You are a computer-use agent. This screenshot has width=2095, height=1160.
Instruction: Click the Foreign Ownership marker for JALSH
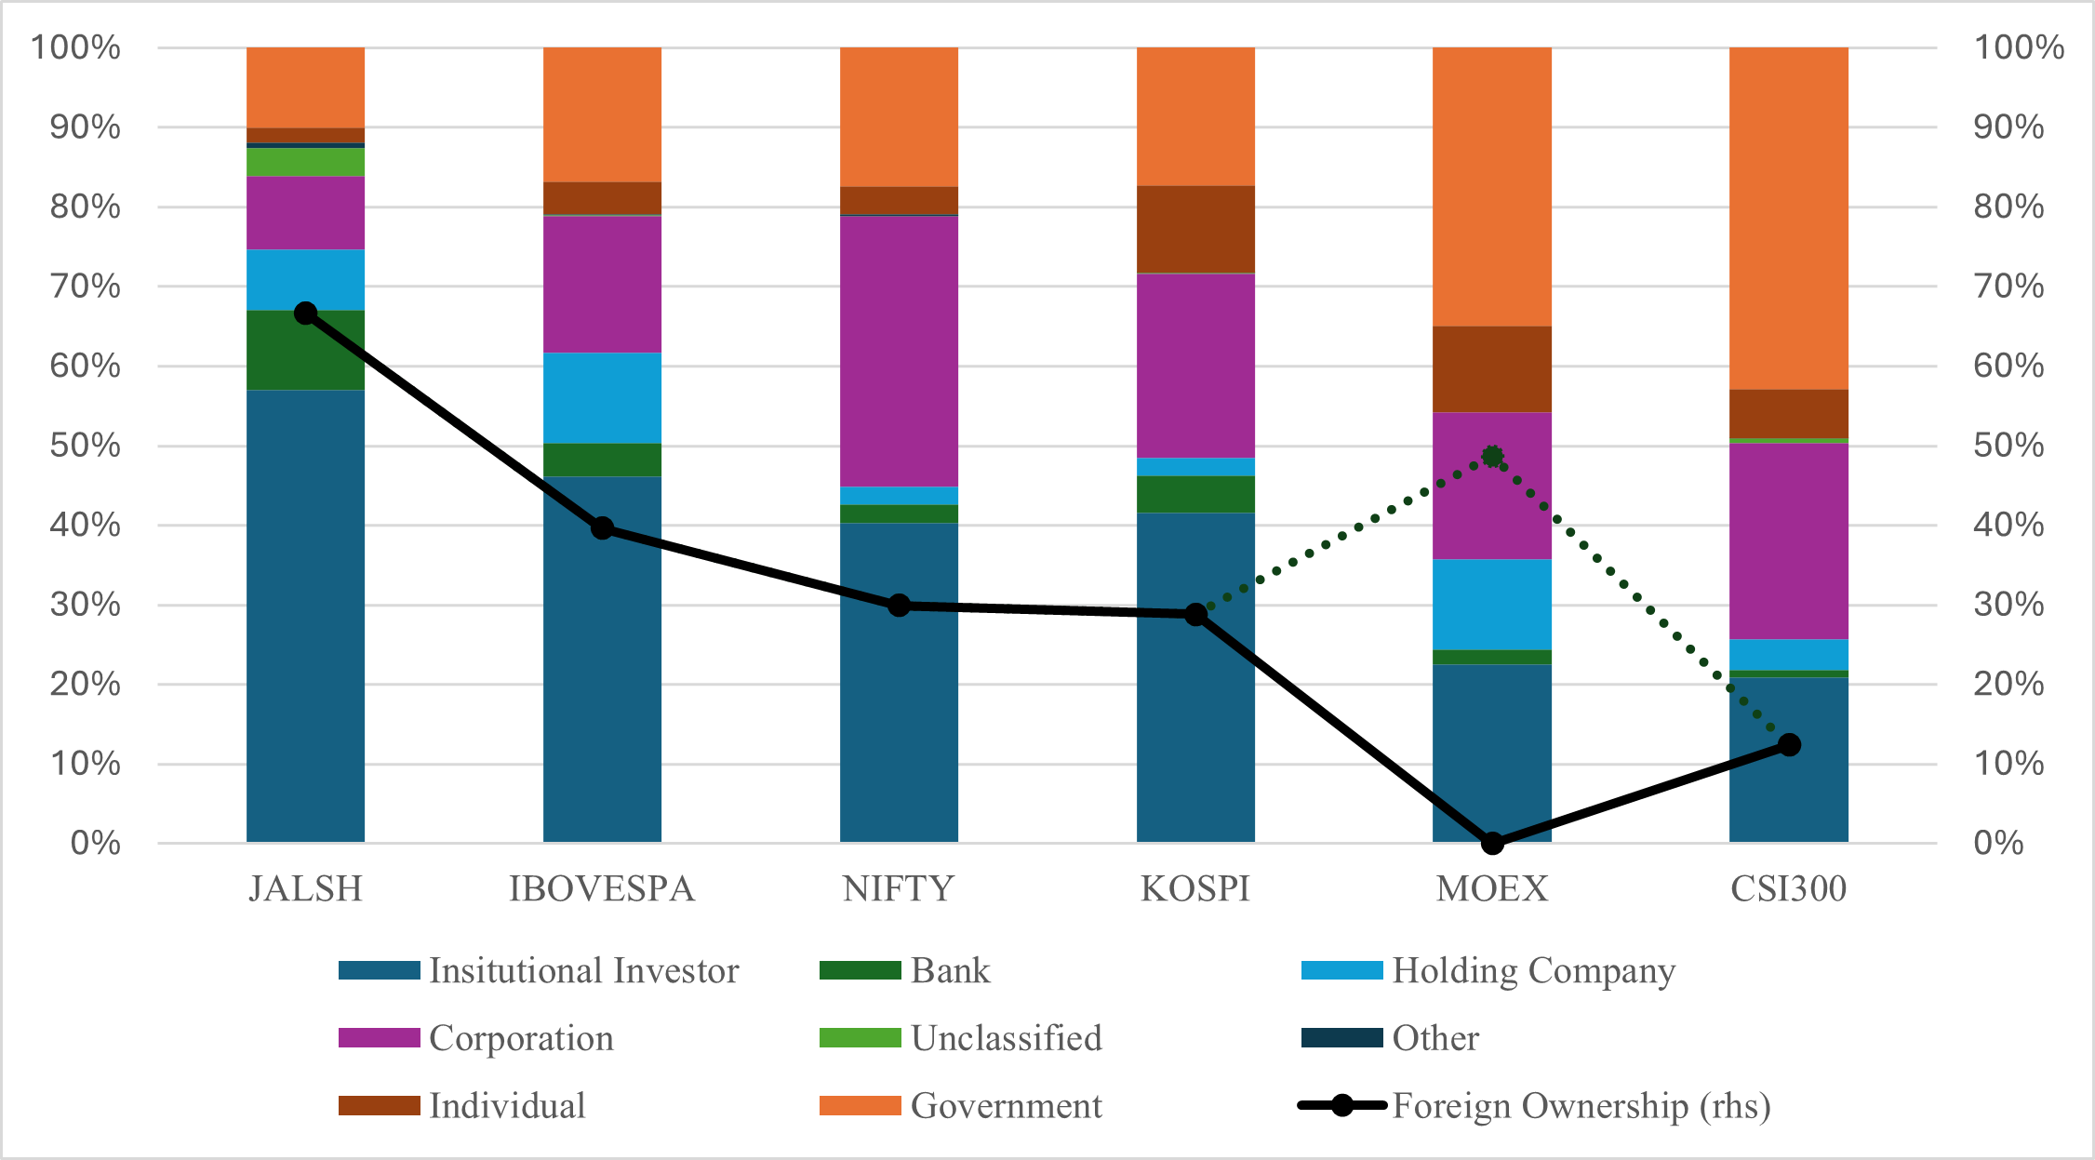pos(305,313)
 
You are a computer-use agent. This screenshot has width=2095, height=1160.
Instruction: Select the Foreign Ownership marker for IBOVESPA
pos(602,528)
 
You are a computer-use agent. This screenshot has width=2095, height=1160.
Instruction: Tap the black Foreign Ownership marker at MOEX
pos(1492,843)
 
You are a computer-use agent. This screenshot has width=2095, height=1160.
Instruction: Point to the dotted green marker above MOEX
pos(1492,456)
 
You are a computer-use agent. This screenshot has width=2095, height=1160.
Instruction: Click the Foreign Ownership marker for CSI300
pos(1789,744)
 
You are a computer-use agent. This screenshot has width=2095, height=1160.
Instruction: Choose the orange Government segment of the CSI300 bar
pos(1788,219)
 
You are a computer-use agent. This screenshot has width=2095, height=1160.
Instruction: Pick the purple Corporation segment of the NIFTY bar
pos(899,352)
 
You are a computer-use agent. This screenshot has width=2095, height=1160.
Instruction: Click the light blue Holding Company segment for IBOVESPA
pos(602,398)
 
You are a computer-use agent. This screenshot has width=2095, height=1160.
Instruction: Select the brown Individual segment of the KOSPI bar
pos(1195,230)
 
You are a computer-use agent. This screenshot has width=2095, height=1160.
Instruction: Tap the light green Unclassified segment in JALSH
pos(305,162)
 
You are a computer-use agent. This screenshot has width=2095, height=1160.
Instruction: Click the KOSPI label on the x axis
pos(1195,889)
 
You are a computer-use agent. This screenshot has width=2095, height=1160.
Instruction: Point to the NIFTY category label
pos(899,889)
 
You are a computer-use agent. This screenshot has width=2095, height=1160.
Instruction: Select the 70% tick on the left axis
pos(86,286)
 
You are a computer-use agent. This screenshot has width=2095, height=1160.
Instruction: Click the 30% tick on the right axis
pos(2008,605)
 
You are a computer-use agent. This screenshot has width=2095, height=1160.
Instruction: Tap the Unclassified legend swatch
pos(860,1038)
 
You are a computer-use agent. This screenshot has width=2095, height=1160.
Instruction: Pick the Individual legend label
pos(507,1106)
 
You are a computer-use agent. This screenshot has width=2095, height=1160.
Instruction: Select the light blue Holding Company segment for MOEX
pos(1492,605)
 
